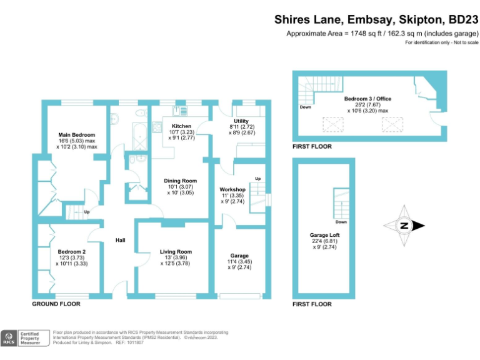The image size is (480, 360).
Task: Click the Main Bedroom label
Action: click(x=76, y=135)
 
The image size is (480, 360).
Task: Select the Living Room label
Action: click(x=176, y=251)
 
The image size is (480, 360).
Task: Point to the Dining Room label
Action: click(x=181, y=181)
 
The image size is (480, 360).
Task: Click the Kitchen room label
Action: click(x=181, y=126)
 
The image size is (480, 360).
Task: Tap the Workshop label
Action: click(x=232, y=189)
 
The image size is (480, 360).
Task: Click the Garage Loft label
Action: click(x=324, y=235)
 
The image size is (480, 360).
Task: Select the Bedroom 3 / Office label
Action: click(x=367, y=99)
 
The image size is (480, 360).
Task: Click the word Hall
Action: click(x=121, y=240)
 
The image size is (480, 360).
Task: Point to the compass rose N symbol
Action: click(x=404, y=226)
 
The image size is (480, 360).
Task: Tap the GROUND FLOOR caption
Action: click(x=56, y=304)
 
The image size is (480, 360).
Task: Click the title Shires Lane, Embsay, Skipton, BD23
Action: click(x=376, y=19)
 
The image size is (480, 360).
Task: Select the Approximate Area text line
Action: click(x=382, y=34)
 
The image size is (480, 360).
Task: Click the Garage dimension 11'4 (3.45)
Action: click(x=239, y=262)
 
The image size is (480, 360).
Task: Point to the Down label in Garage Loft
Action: click(x=341, y=221)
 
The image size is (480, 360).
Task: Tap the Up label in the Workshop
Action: click(x=257, y=179)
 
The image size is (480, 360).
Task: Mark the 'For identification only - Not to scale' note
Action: click(x=441, y=42)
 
